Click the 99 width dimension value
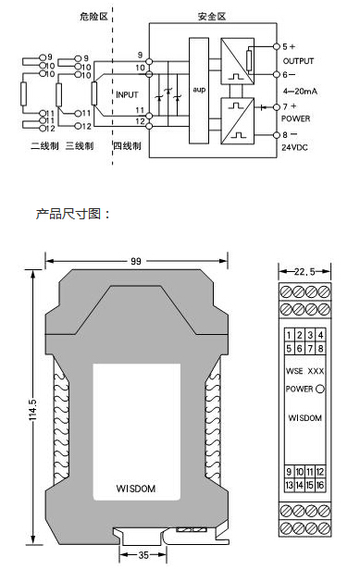(136, 261)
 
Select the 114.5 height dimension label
(33, 410)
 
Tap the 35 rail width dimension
(143, 555)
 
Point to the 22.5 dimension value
(304, 272)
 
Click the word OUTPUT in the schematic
(298, 61)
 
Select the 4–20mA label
(300, 92)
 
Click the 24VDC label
(294, 147)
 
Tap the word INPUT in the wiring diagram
(127, 94)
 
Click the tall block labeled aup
(199, 90)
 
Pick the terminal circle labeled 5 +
(276, 46)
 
